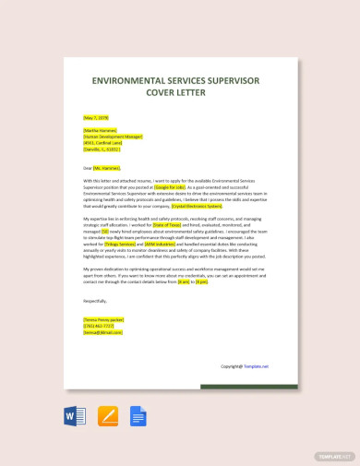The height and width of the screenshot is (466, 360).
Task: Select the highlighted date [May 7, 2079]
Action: pyautogui.click(x=97, y=118)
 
